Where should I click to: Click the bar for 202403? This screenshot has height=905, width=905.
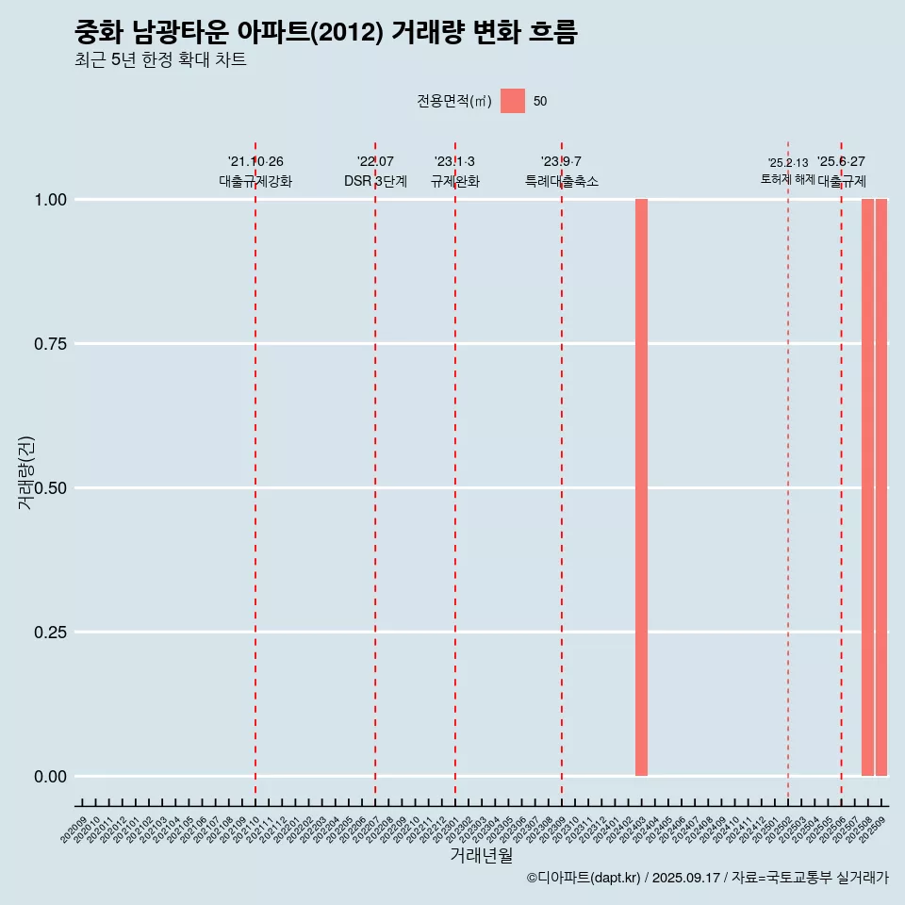point(641,487)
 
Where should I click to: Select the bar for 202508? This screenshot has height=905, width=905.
point(867,487)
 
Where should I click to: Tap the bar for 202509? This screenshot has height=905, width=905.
point(881,487)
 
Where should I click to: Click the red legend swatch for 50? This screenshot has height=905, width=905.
point(513,101)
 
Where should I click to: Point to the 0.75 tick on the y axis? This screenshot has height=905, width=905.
point(50,343)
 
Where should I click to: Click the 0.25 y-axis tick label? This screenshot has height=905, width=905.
point(50,632)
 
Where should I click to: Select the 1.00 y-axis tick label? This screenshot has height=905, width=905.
point(50,199)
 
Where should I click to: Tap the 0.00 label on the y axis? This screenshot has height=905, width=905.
point(50,776)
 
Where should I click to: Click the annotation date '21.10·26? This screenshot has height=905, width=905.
point(255,161)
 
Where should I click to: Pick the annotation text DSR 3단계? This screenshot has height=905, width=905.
point(375,181)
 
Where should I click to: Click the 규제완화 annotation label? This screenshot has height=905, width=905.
point(455,181)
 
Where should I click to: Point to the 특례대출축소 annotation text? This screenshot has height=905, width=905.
point(562,181)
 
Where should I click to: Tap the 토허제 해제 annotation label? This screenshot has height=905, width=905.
point(787,178)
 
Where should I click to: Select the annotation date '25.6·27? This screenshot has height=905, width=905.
point(841,161)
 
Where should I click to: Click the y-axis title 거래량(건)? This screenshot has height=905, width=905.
point(25,472)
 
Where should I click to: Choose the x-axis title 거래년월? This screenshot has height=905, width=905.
point(481,855)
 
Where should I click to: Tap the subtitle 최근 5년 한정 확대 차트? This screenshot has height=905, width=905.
point(160,60)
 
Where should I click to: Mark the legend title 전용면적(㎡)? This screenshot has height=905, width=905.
point(454,101)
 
